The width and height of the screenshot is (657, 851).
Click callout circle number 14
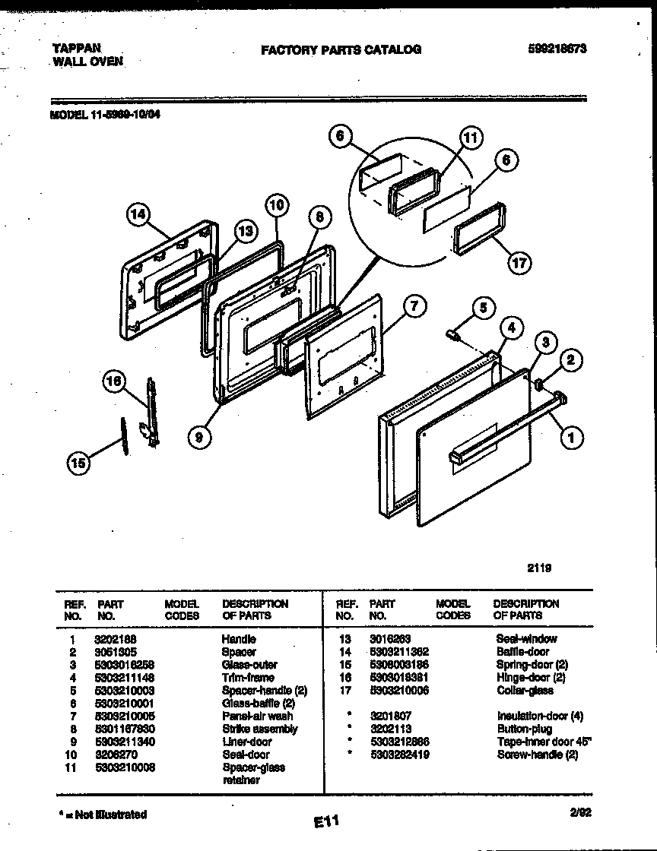[x=138, y=217]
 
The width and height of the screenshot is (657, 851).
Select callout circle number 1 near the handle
[x=572, y=436]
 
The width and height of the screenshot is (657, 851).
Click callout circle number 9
[x=199, y=436]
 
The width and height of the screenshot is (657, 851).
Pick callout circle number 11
[x=471, y=138]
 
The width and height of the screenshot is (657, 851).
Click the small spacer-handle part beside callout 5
[x=453, y=333]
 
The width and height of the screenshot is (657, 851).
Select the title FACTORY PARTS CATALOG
[x=341, y=49]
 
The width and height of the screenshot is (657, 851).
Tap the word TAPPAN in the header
[x=76, y=46]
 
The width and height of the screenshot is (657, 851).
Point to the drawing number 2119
[x=538, y=567]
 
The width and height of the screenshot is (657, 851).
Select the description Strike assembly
[x=259, y=729]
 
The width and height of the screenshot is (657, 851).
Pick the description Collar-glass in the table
[x=525, y=690]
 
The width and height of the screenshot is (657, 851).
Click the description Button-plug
[x=524, y=729]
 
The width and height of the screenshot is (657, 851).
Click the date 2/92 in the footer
[x=581, y=811]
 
